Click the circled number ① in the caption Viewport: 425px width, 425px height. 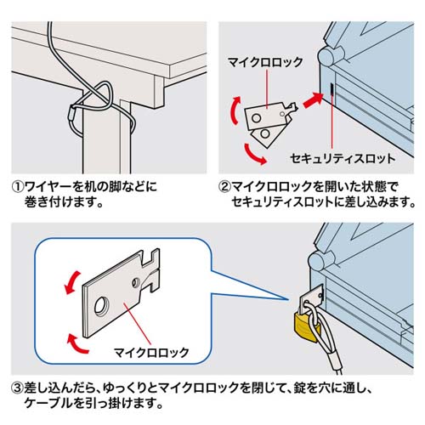pyautogui.click(x=16, y=186)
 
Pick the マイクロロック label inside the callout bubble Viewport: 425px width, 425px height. pyautogui.click(x=144, y=350)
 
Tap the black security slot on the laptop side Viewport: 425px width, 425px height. pyautogui.click(x=329, y=89)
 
